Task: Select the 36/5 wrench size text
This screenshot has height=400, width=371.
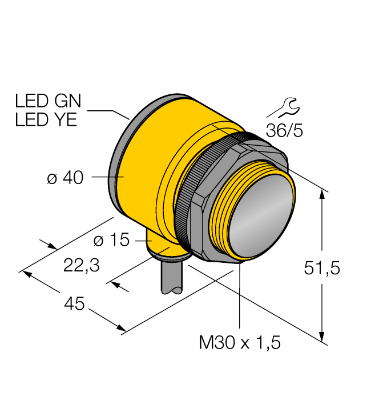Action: [x=284, y=130]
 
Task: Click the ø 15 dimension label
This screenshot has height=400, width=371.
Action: [x=111, y=241]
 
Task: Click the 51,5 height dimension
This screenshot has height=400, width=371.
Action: [x=322, y=268]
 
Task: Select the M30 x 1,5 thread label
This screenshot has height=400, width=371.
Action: [x=240, y=343]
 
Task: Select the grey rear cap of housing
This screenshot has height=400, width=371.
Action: [x=119, y=166]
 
